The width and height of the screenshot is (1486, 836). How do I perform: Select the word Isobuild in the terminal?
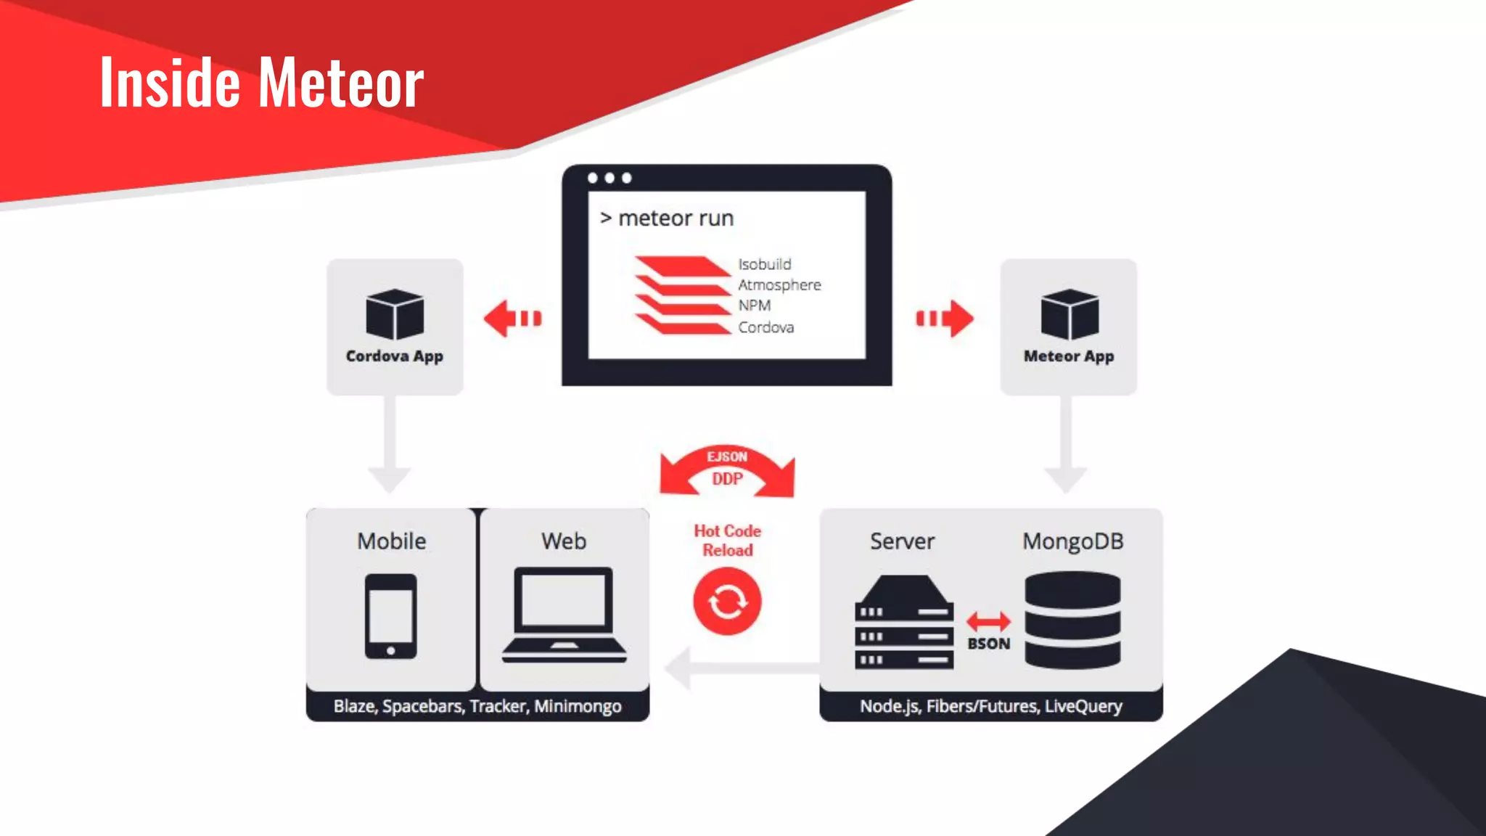click(765, 264)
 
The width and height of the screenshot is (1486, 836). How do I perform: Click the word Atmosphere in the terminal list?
click(779, 285)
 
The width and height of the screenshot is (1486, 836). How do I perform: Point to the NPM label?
click(755, 306)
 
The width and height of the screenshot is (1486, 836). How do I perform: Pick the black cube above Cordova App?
click(395, 314)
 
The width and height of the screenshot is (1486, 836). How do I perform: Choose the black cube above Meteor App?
click(1069, 314)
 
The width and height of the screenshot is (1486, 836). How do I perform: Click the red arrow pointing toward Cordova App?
click(512, 319)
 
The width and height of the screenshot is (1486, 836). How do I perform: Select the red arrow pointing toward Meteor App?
click(945, 319)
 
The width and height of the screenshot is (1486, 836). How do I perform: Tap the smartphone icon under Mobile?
click(390, 616)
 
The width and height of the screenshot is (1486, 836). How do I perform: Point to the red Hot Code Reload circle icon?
click(727, 602)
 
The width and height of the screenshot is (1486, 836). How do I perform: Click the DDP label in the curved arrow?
click(727, 479)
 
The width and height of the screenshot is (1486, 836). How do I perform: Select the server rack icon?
click(904, 622)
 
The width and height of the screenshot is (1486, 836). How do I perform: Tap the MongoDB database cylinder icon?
click(1072, 620)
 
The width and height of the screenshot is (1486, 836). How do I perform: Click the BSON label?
click(988, 644)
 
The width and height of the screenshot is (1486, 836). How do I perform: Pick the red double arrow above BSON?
click(988, 621)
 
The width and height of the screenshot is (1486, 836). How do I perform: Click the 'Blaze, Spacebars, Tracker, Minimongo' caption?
click(477, 706)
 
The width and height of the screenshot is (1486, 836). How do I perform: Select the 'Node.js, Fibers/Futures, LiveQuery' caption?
click(991, 706)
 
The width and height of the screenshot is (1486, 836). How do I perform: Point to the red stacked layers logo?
click(683, 295)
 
